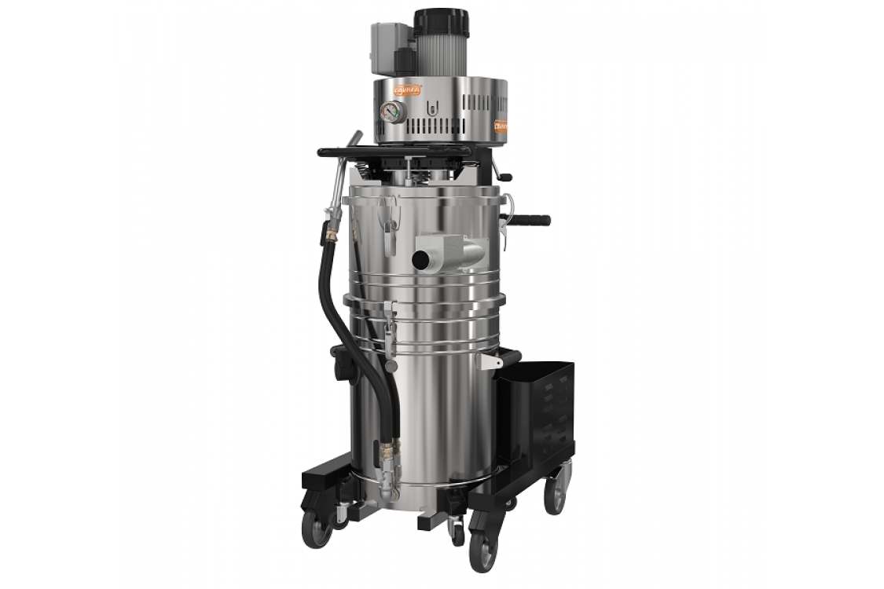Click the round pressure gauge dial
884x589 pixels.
pos(394,112)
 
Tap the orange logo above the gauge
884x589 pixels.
pos(407,90)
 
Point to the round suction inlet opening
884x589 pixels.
pos(422,258)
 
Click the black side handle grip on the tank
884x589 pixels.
pos(530,220)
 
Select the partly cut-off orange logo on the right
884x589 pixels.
pos(501,125)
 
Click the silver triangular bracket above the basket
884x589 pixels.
pos(492,360)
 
